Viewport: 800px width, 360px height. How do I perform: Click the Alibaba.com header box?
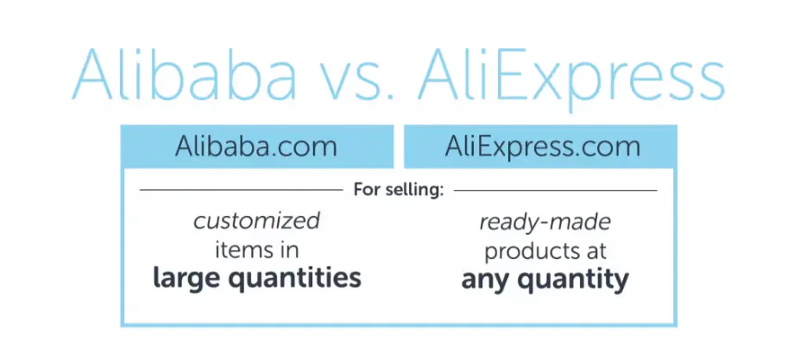pyautogui.click(x=256, y=146)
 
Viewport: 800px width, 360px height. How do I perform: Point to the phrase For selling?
pyautogui.click(x=398, y=189)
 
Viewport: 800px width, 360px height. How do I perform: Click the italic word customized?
pyautogui.click(x=256, y=221)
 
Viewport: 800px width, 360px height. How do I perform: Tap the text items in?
pyautogui.click(x=256, y=250)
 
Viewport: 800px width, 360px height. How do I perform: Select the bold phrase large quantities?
pyautogui.click(x=256, y=279)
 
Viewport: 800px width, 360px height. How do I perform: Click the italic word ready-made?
pyautogui.click(x=545, y=223)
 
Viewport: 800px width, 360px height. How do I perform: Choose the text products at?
pyautogui.click(x=545, y=251)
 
